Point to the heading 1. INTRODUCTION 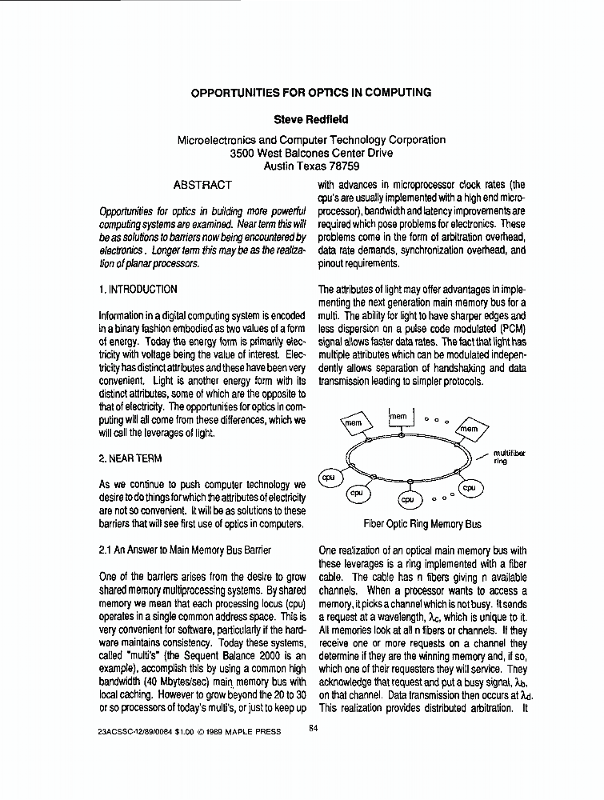[138, 289]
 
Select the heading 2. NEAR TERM [130, 458]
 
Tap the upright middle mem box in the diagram [399, 418]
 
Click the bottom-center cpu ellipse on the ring [408, 499]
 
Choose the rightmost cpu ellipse [469, 487]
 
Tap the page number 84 [314, 727]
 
